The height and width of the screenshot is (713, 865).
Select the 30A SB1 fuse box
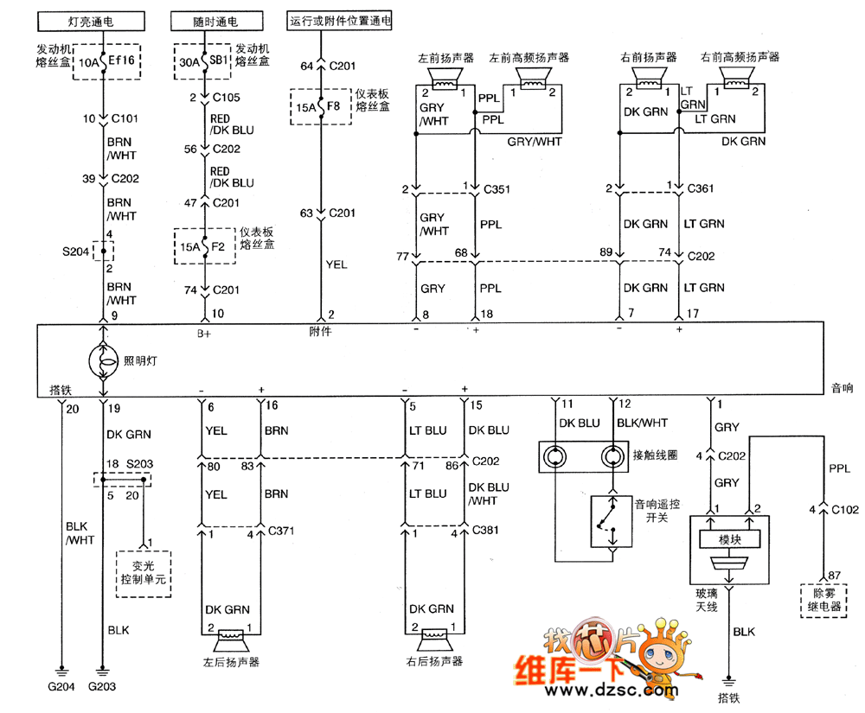(204, 61)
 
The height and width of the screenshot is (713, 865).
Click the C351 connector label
(497, 188)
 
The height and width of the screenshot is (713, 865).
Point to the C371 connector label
(282, 531)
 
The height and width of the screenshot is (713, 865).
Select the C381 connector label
(485, 531)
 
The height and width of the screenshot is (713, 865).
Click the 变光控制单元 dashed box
(144, 574)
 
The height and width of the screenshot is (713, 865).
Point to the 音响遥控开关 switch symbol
(612, 521)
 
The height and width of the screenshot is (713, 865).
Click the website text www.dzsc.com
(611, 691)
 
